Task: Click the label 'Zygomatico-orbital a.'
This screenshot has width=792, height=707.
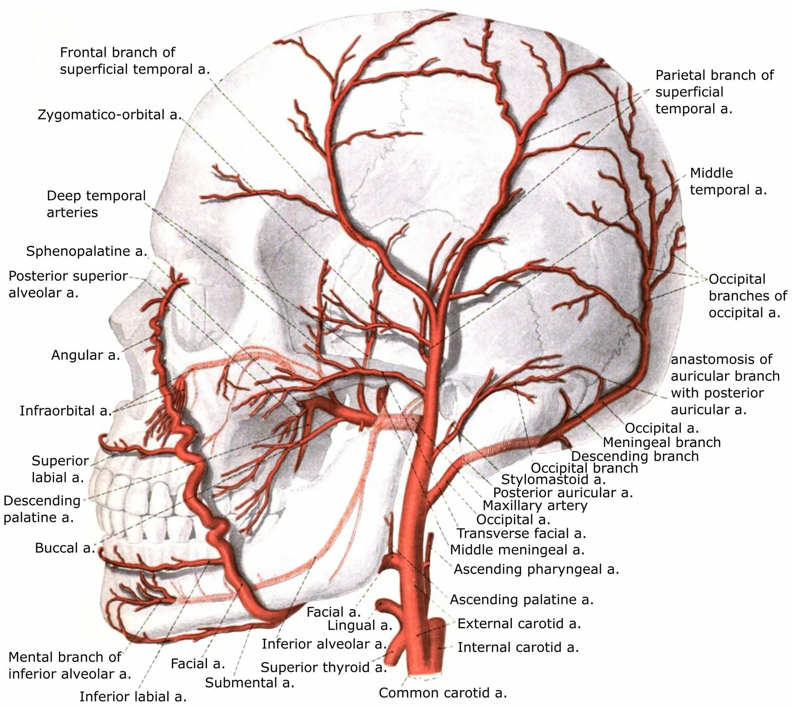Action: coord(110,115)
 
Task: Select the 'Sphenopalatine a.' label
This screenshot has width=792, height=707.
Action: coord(87,251)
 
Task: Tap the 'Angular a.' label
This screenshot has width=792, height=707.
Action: coord(85,355)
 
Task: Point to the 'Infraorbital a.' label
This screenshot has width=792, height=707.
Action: coord(66,411)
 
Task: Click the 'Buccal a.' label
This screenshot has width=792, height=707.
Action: coord(65,548)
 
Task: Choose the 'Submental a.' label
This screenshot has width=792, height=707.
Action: coord(250,683)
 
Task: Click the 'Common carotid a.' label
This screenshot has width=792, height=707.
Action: coord(443,693)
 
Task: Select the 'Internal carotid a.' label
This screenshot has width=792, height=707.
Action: coord(518,647)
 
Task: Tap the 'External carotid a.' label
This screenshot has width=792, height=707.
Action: coord(519,624)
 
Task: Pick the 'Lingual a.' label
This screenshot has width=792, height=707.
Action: coord(360,625)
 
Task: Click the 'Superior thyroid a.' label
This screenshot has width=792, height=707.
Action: coord(324,667)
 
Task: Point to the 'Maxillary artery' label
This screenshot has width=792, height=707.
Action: coord(535,505)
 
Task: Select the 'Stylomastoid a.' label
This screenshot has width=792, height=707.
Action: coord(553,479)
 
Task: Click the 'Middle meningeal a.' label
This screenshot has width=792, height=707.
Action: coord(517,550)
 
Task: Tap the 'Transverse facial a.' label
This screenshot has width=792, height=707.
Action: coord(521,533)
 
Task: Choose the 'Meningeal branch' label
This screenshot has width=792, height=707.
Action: coord(662,442)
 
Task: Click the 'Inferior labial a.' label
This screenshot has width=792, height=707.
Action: coord(133,697)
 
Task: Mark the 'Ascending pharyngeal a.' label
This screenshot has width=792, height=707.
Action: coord(536,569)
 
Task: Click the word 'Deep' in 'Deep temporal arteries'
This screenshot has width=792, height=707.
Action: coord(63,195)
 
